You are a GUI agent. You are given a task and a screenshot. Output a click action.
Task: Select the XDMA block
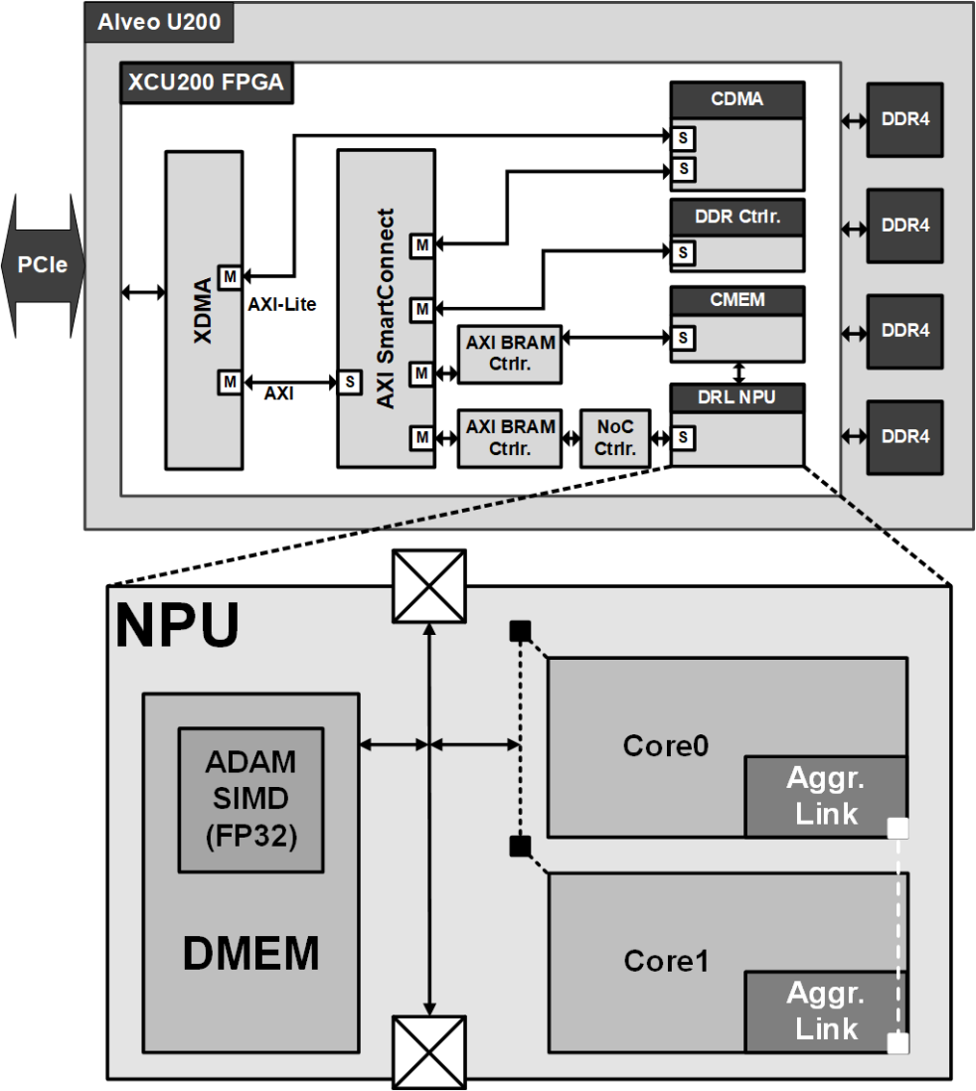pos(203,308)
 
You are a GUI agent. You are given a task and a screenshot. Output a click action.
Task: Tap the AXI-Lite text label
pos(281,305)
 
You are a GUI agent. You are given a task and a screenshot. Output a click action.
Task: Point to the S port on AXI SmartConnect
pos(350,382)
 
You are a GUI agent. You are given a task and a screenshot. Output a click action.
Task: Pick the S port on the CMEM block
pos(683,338)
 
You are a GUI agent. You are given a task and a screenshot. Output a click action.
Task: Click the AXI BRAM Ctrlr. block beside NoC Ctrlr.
pos(511,437)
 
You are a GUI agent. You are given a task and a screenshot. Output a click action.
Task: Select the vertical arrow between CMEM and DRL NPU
pos(736,371)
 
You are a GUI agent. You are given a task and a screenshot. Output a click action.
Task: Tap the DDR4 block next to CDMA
pos(906,119)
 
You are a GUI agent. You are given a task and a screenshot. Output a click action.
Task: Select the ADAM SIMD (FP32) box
pos(250,798)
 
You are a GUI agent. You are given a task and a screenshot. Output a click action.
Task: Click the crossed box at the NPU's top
pos(429,586)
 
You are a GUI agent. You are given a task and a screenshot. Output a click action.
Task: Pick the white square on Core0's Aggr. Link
pos(897,827)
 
